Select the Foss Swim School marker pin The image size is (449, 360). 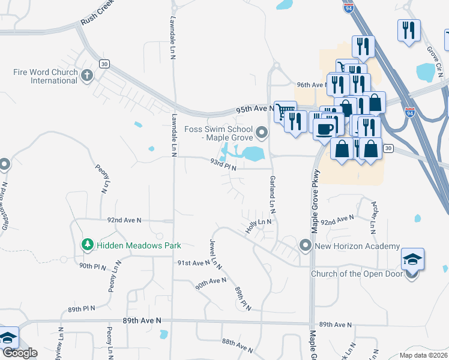click(261, 132)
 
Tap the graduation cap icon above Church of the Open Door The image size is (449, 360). click(412, 259)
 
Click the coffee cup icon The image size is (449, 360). click(325, 128)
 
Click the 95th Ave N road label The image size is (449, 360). click(255, 109)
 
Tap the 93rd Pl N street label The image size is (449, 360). click(223, 164)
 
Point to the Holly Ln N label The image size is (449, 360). click(259, 226)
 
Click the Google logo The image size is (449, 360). click(19, 353)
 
